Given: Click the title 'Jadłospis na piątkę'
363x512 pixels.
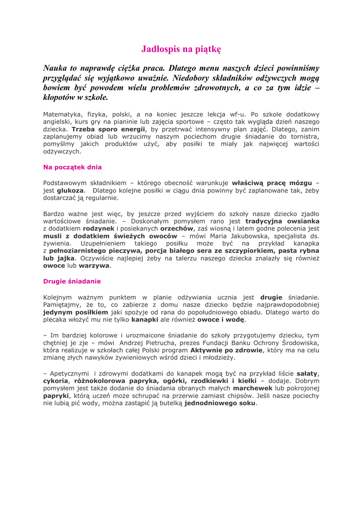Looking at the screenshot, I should pyautogui.click(x=181, y=49).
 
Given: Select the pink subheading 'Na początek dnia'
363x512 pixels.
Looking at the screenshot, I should pyautogui.click(x=73, y=167).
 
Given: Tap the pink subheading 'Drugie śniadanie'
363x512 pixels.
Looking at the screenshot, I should pyautogui.click(x=72, y=281).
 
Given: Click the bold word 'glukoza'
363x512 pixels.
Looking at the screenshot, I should pyautogui.click(x=71, y=190).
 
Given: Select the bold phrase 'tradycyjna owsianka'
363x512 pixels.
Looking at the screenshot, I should pyautogui.click(x=282, y=220).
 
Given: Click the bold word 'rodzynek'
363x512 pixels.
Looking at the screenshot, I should pyautogui.click(x=99, y=228).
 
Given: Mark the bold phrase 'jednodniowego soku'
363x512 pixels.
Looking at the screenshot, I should pyautogui.click(x=220, y=403).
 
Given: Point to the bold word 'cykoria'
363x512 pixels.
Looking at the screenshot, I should pyautogui.click(x=56, y=380).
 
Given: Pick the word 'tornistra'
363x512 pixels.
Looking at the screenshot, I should pyautogui.click(x=301, y=136).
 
